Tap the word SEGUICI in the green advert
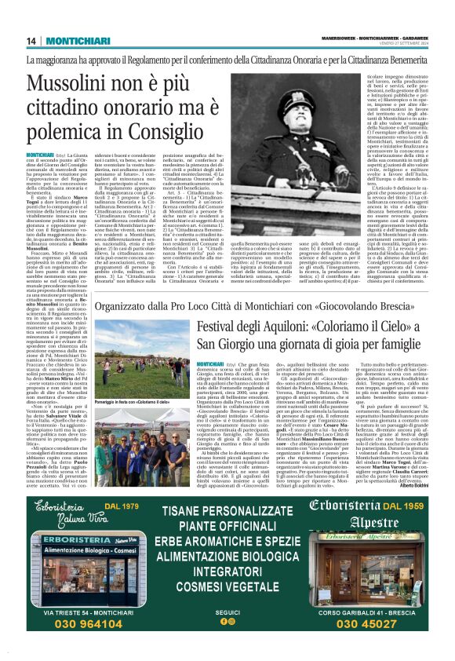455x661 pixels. (x=227, y=611)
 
